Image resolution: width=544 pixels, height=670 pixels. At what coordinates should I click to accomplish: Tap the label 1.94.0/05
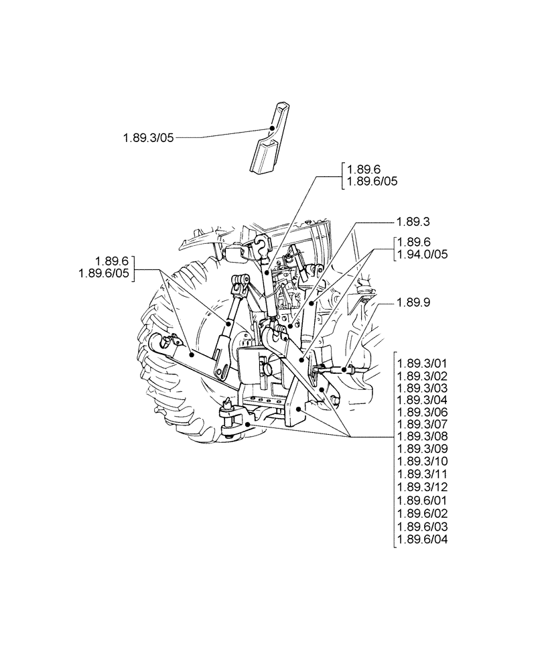pos(423,255)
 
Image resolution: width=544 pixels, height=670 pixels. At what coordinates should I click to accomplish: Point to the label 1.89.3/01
pos(423,363)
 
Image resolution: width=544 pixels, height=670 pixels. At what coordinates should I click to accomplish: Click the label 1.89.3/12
pos(423,487)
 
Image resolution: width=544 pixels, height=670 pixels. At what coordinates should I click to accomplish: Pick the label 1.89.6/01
pos(423,500)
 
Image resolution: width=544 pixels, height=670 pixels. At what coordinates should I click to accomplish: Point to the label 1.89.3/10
pos(423,462)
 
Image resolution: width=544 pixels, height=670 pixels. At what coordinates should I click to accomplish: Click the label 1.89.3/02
pos(423,376)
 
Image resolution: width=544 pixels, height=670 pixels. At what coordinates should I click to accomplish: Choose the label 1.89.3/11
pos(423,475)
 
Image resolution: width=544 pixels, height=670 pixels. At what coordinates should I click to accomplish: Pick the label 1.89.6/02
pos(423,513)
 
